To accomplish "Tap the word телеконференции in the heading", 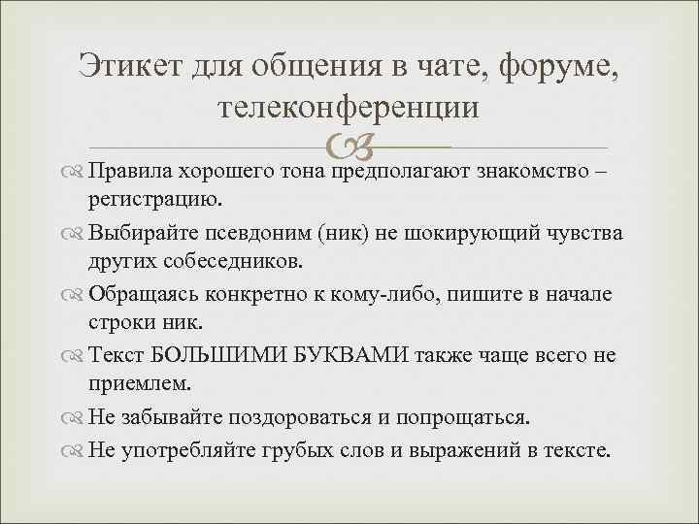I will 349,107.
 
